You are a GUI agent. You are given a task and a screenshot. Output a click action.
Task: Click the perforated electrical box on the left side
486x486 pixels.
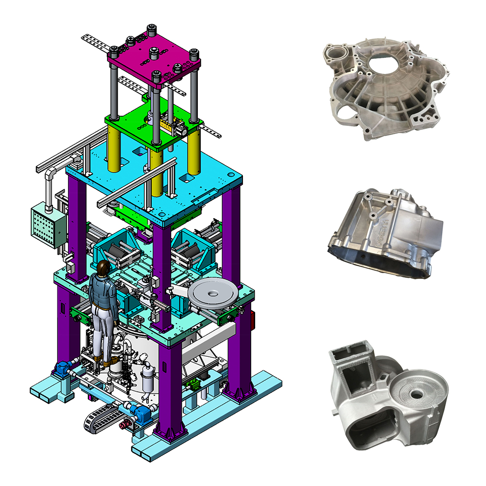pyautogui.click(x=48, y=225)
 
